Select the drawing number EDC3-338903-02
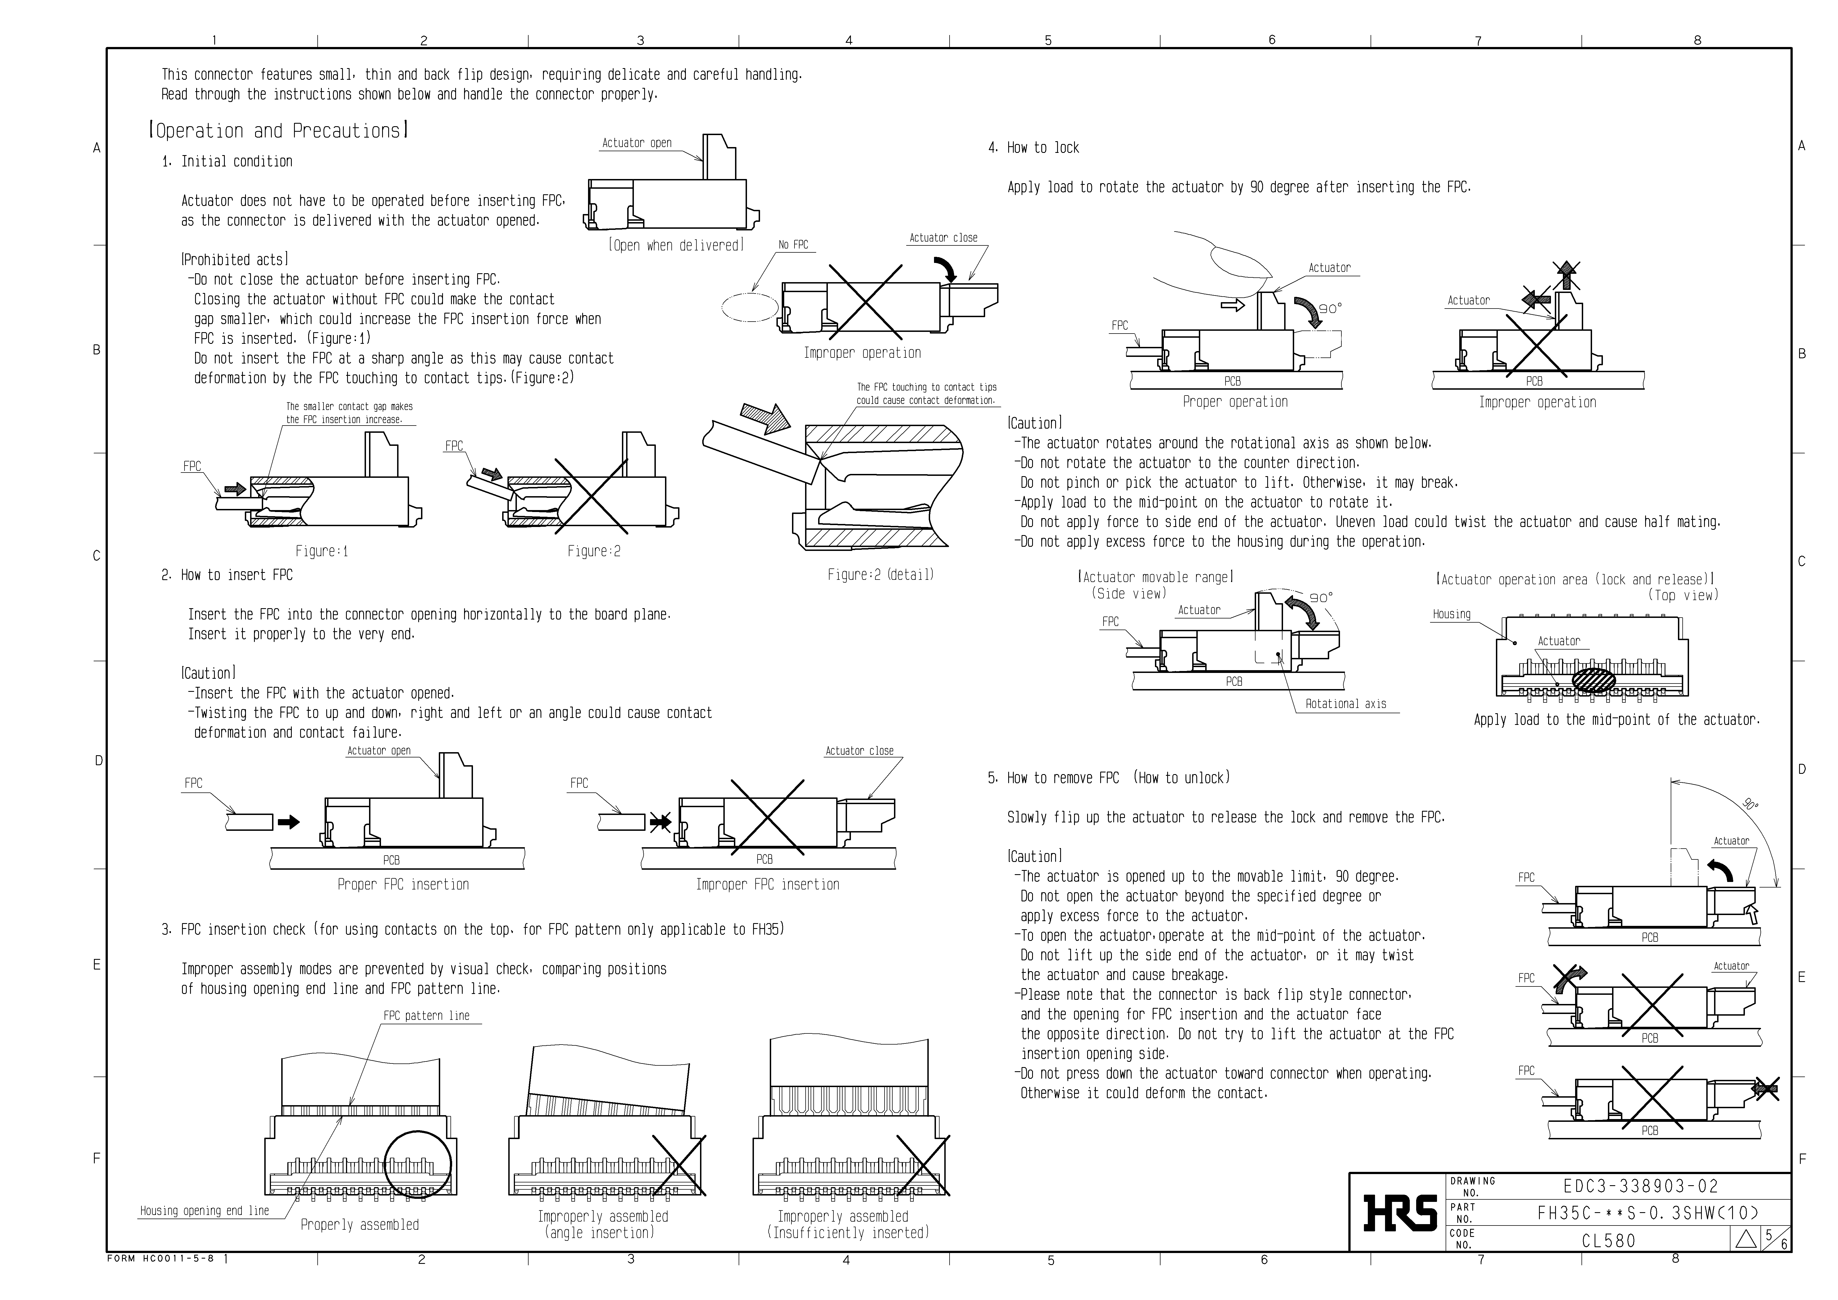click(1640, 1186)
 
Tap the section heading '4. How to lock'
click(1033, 148)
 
